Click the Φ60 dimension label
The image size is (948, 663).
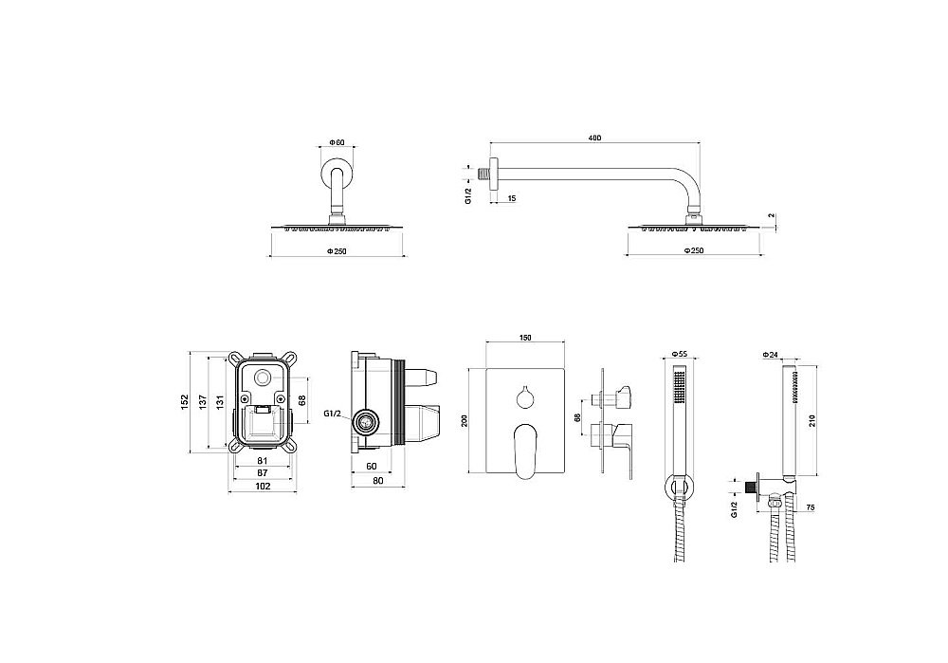tap(337, 143)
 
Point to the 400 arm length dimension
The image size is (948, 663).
tap(594, 139)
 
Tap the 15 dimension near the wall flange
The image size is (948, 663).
tap(512, 198)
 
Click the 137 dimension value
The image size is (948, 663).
tap(204, 402)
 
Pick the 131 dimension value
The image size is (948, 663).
tap(220, 402)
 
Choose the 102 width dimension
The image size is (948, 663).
tap(264, 486)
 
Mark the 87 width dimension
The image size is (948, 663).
tap(264, 471)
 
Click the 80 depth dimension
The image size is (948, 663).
tap(378, 481)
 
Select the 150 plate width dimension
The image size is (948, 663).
tap(525, 337)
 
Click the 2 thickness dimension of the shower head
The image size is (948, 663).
tap(773, 217)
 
